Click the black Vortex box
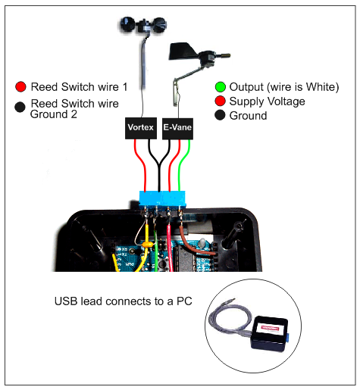[141, 128]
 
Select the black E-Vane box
[177, 129]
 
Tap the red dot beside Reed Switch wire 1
[20, 86]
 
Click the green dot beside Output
[221, 87]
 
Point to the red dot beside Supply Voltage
[220, 101]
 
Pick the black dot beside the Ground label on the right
[220, 115]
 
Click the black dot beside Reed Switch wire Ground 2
[20, 107]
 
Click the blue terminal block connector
[162, 199]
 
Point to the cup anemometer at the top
[143, 24]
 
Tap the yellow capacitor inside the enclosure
[147, 245]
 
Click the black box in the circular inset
[269, 332]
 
